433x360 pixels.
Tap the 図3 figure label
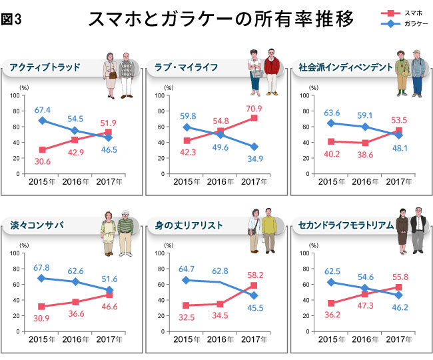click(13, 19)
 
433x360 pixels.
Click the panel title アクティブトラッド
click(45, 67)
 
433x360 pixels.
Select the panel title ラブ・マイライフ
click(189, 67)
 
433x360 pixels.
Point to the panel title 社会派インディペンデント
click(342, 67)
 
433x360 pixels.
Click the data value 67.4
click(43, 109)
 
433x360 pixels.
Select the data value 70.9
click(253, 108)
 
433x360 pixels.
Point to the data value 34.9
click(253, 159)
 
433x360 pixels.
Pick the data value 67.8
click(43, 267)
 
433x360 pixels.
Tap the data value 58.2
click(253, 275)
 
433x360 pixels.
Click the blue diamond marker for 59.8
click(187, 127)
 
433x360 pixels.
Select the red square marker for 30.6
click(43, 150)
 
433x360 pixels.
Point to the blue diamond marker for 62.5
click(332, 282)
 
